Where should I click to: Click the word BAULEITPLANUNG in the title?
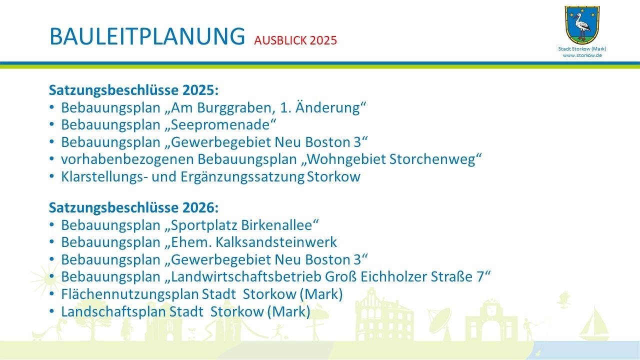coord(147,36)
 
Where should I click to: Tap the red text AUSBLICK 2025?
coord(295,40)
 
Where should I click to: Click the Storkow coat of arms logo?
coord(582,25)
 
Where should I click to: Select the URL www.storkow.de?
coord(582,55)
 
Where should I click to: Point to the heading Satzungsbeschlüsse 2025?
coord(133,90)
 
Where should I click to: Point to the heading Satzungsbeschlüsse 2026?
coord(133,207)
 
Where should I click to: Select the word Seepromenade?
coord(220,125)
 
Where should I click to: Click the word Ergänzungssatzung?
coord(242,177)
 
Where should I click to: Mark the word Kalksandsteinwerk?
coord(276,242)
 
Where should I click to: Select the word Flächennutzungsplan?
coord(130,294)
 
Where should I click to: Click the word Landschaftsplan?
coord(113,311)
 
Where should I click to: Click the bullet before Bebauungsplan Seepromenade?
coord(51,125)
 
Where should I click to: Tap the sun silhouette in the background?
coord(45,279)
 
